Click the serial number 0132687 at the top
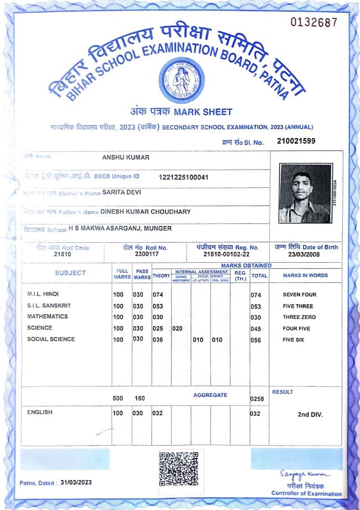313,22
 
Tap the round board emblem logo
178,80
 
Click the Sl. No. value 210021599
296,141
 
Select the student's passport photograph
305,193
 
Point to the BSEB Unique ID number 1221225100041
183,177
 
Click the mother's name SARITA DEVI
122,192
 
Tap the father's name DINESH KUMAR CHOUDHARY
146,211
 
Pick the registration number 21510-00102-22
227,254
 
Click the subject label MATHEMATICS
48,317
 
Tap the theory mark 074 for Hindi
158,294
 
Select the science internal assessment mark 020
178,328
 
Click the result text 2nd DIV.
310,415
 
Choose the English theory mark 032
158,413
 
